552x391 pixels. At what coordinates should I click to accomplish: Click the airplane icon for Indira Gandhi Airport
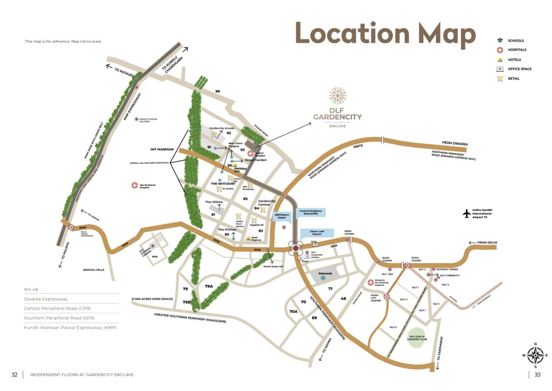(466, 214)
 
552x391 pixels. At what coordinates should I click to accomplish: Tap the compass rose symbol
(535, 355)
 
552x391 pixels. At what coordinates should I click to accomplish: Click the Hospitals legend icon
(500, 50)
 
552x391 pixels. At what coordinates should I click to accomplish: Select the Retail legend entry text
(513, 79)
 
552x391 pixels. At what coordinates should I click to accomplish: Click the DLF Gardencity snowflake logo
(338, 96)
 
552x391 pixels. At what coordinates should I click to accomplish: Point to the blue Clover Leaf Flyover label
(317, 233)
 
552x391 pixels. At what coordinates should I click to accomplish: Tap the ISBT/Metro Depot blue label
(282, 216)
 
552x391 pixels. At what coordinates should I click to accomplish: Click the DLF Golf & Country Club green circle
(417, 338)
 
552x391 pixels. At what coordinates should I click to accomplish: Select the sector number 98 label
(218, 91)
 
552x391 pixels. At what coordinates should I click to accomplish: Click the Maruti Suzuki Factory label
(148, 120)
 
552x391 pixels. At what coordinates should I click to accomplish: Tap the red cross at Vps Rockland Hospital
(134, 185)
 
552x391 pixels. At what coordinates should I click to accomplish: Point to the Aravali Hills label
(93, 270)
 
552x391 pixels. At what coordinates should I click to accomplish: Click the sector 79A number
(209, 286)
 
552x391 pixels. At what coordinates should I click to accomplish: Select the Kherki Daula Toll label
(273, 267)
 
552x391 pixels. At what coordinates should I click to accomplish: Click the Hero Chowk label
(349, 232)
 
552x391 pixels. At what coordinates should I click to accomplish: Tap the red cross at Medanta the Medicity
(370, 282)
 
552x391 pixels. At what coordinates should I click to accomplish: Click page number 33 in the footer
(537, 374)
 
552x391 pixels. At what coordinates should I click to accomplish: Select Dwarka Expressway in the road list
(46, 299)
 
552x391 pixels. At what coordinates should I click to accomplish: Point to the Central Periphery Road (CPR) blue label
(310, 212)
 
